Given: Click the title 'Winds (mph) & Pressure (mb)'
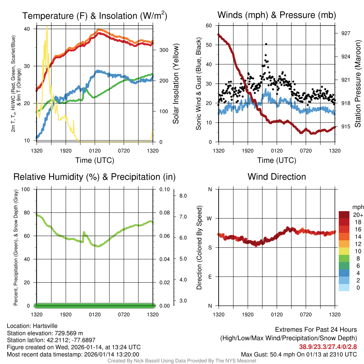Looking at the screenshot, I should tap(277, 15).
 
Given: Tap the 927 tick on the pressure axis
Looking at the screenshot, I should tap(346, 33).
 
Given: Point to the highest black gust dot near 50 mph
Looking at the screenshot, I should tap(266, 44).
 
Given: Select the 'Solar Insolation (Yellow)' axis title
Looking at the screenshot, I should tap(176, 84).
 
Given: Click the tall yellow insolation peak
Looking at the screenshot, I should tap(47, 28).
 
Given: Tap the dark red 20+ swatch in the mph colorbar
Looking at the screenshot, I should tap(344, 215).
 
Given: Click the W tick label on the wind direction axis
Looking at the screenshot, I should tap(210, 218).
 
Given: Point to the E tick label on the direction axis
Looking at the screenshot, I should tap(210, 277).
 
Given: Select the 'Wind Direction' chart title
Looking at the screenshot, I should tap(277, 177).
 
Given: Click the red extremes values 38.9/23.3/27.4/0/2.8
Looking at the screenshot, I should tap(327, 347).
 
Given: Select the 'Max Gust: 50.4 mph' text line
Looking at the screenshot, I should tap(299, 354).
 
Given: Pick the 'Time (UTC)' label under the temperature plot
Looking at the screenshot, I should tap(95, 160).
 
